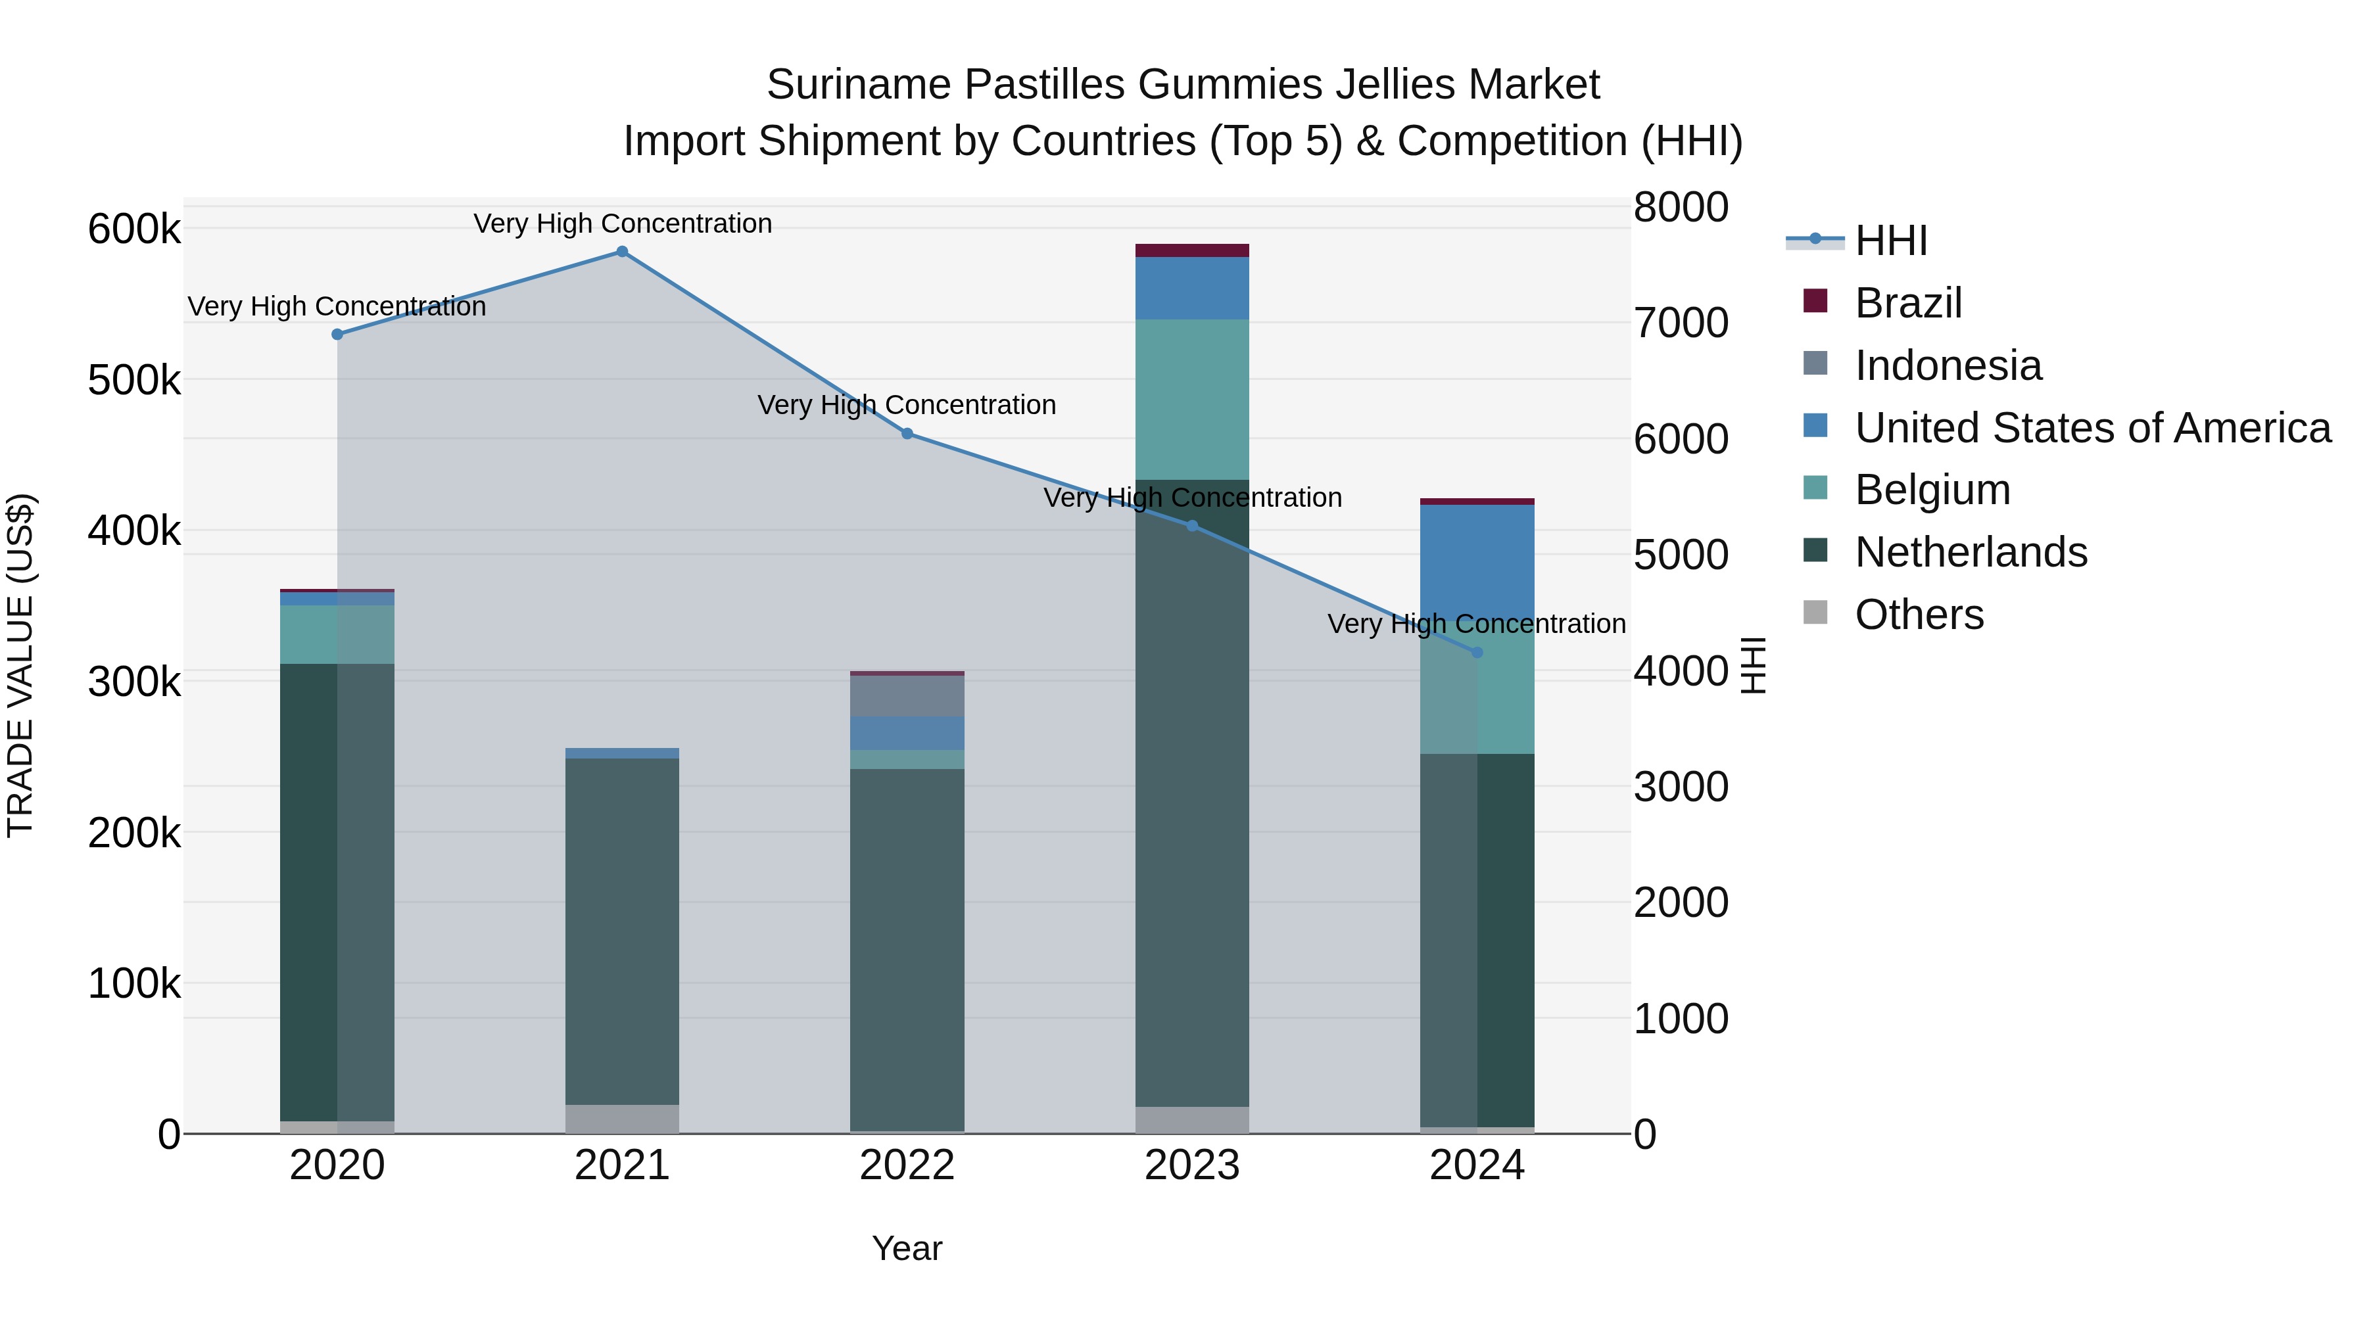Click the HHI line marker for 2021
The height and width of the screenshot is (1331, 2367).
pyautogui.click(x=622, y=252)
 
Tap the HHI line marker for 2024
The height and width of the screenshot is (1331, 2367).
pyautogui.click(x=1477, y=652)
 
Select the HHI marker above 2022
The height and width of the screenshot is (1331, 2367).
pyautogui.click(x=907, y=434)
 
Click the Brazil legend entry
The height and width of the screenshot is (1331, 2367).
pyautogui.click(x=1907, y=303)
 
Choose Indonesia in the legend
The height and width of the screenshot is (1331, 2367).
pyautogui.click(x=1947, y=365)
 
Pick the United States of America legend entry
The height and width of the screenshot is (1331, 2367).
pyautogui.click(x=2092, y=428)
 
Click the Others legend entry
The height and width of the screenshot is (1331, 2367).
pyautogui.click(x=1919, y=615)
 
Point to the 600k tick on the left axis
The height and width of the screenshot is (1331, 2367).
pyautogui.click(x=134, y=229)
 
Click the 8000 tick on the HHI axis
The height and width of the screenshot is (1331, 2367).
pyautogui.click(x=1681, y=208)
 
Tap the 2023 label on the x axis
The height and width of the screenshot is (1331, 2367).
pyautogui.click(x=1192, y=1165)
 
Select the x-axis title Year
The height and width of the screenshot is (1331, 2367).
pyautogui.click(x=907, y=1248)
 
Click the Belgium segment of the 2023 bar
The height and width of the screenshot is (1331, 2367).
pyautogui.click(x=1192, y=400)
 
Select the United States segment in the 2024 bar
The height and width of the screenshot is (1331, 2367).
pyautogui.click(x=1477, y=565)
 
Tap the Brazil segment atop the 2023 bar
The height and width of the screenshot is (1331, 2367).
pyautogui.click(x=1192, y=251)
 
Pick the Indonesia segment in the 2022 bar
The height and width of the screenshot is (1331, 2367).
pyautogui.click(x=907, y=696)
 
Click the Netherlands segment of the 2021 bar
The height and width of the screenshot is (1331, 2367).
pyautogui.click(x=622, y=931)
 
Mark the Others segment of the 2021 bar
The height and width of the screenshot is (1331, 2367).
pyautogui.click(x=622, y=1119)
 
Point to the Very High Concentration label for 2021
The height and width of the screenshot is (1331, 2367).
pyautogui.click(x=622, y=224)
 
